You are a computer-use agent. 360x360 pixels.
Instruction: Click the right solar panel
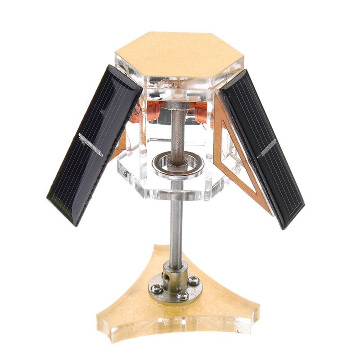pyautogui.click(x=263, y=148)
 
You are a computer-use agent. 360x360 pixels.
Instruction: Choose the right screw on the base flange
pyautogui.click(x=194, y=280)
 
